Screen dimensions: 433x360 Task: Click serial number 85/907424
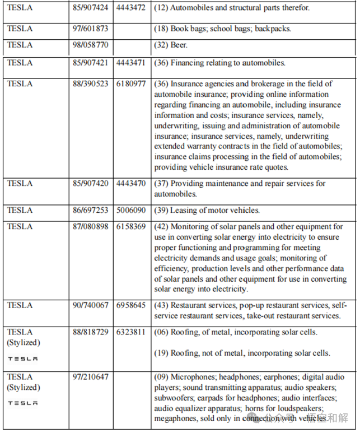(x=91, y=8)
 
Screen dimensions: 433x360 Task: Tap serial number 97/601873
(x=91, y=28)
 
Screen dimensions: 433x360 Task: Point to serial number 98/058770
(x=91, y=45)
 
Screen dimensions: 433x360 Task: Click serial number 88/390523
(x=91, y=83)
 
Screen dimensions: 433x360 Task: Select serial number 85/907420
(x=91, y=183)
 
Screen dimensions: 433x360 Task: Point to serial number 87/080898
(x=91, y=226)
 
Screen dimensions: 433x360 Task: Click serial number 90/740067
(x=91, y=305)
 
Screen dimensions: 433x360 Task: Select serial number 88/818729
(x=91, y=332)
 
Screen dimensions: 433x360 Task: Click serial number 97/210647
(x=91, y=377)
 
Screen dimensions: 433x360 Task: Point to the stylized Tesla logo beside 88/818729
(x=22, y=358)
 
